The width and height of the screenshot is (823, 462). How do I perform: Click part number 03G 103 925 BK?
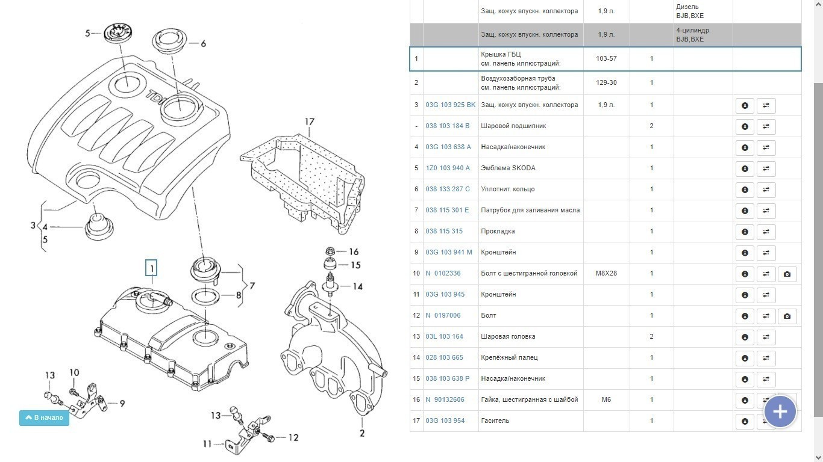[450, 105]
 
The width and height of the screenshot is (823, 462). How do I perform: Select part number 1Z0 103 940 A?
[448, 168]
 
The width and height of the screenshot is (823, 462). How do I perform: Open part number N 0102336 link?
[443, 273]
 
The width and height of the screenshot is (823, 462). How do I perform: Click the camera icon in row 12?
[787, 316]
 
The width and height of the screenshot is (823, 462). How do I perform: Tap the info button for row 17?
[745, 421]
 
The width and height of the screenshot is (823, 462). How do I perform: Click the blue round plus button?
[780, 411]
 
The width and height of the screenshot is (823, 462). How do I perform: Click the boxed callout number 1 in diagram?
[152, 268]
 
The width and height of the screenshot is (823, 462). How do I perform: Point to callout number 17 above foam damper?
[309, 122]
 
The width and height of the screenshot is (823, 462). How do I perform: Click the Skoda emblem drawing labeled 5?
[122, 33]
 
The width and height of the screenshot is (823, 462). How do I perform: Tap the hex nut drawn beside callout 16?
[330, 251]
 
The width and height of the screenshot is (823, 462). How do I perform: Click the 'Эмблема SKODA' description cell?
[508, 168]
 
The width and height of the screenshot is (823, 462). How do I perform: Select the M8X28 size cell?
[606, 273]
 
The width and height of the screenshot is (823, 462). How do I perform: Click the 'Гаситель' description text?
[495, 420]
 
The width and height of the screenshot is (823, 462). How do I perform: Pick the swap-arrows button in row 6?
[766, 189]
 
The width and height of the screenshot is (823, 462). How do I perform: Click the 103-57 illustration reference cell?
[606, 58]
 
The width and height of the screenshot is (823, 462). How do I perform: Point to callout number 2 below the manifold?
[362, 433]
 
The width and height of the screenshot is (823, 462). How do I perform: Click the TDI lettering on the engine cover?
[158, 98]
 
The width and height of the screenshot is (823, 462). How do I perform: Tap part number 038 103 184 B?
[447, 126]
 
